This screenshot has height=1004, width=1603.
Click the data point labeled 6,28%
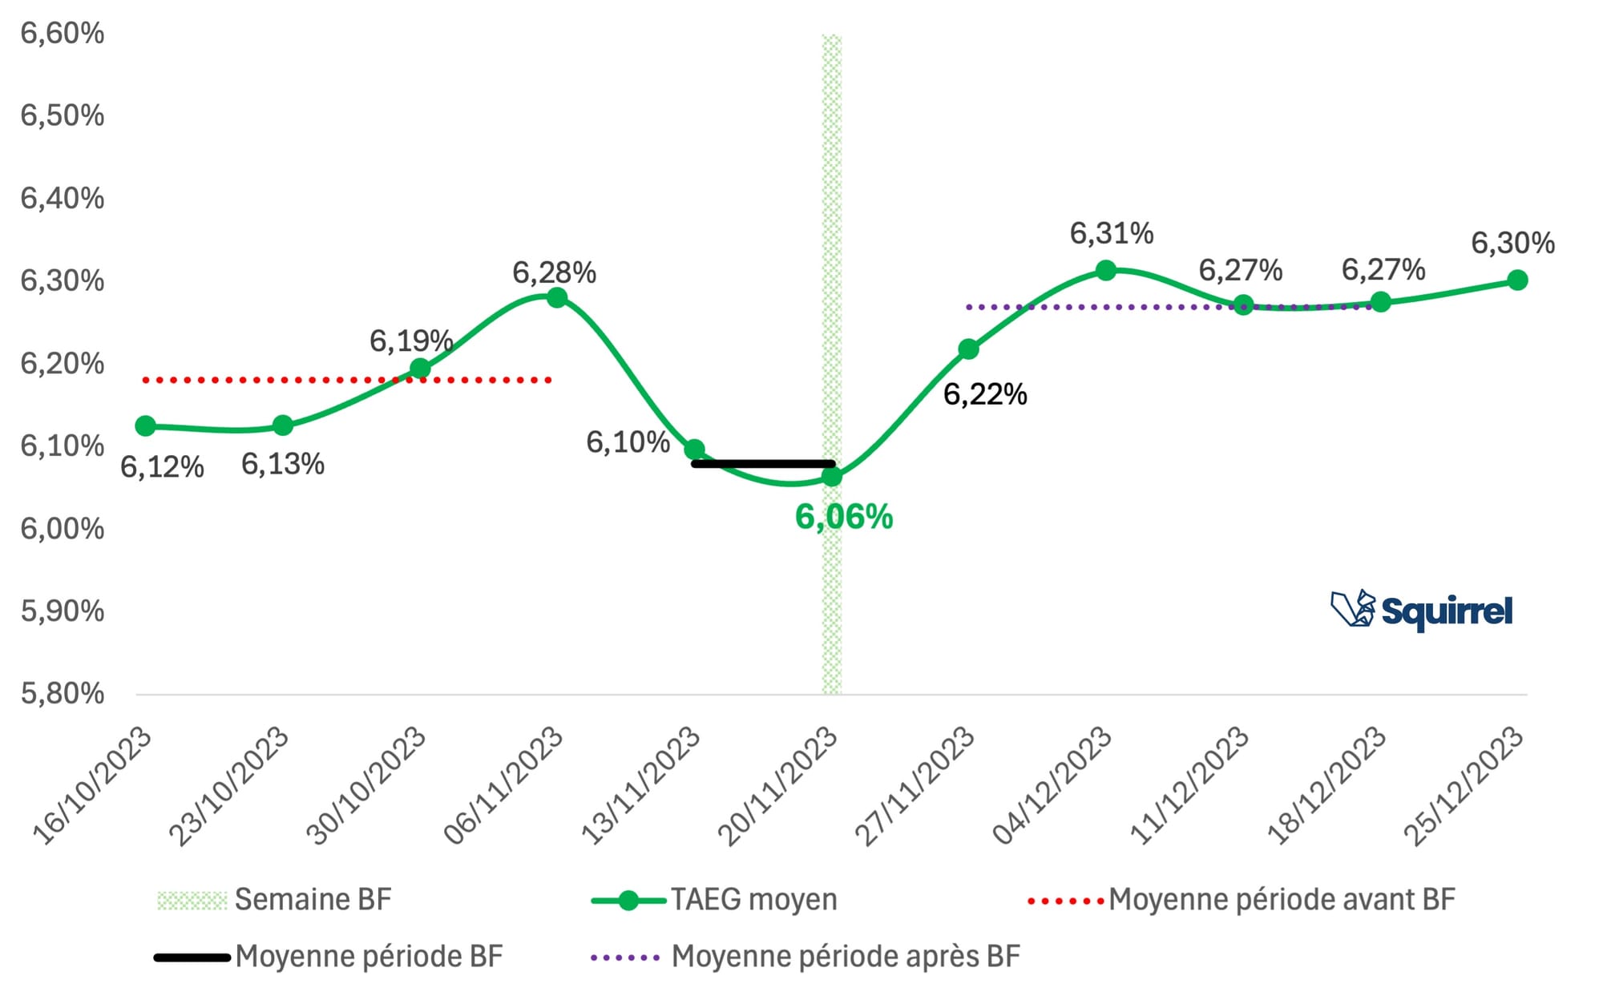(557, 298)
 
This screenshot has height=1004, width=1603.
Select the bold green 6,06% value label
(843, 517)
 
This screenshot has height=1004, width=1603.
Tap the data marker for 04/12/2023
(1106, 270)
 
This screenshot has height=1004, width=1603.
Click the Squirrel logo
(1421, 611)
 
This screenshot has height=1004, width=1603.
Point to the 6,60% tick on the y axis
(63, 34)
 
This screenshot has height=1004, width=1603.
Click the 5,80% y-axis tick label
(63, 693)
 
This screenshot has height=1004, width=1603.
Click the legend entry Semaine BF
(274, 900)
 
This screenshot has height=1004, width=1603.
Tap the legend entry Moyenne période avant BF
(1241, 900)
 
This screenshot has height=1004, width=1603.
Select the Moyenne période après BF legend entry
(806, 957)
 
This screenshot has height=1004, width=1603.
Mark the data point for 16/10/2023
(145, 425)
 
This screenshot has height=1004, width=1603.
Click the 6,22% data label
(985, 394)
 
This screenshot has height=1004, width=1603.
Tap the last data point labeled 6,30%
(1517, 280)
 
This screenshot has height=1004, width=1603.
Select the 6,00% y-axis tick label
(63, 529)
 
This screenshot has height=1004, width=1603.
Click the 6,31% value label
(1112, 233)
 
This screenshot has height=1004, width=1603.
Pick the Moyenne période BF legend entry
(329, 957)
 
